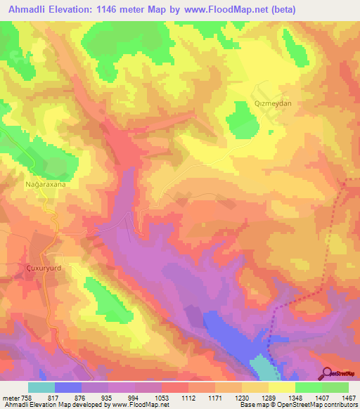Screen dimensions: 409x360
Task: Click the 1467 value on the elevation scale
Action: pos(340,397)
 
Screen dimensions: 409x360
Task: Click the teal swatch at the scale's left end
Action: pos(41,387)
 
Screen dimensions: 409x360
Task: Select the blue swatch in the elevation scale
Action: pos(67,387)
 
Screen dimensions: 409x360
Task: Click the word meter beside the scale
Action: pos(11,397)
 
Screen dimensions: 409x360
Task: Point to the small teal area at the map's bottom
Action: pos(263,366)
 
